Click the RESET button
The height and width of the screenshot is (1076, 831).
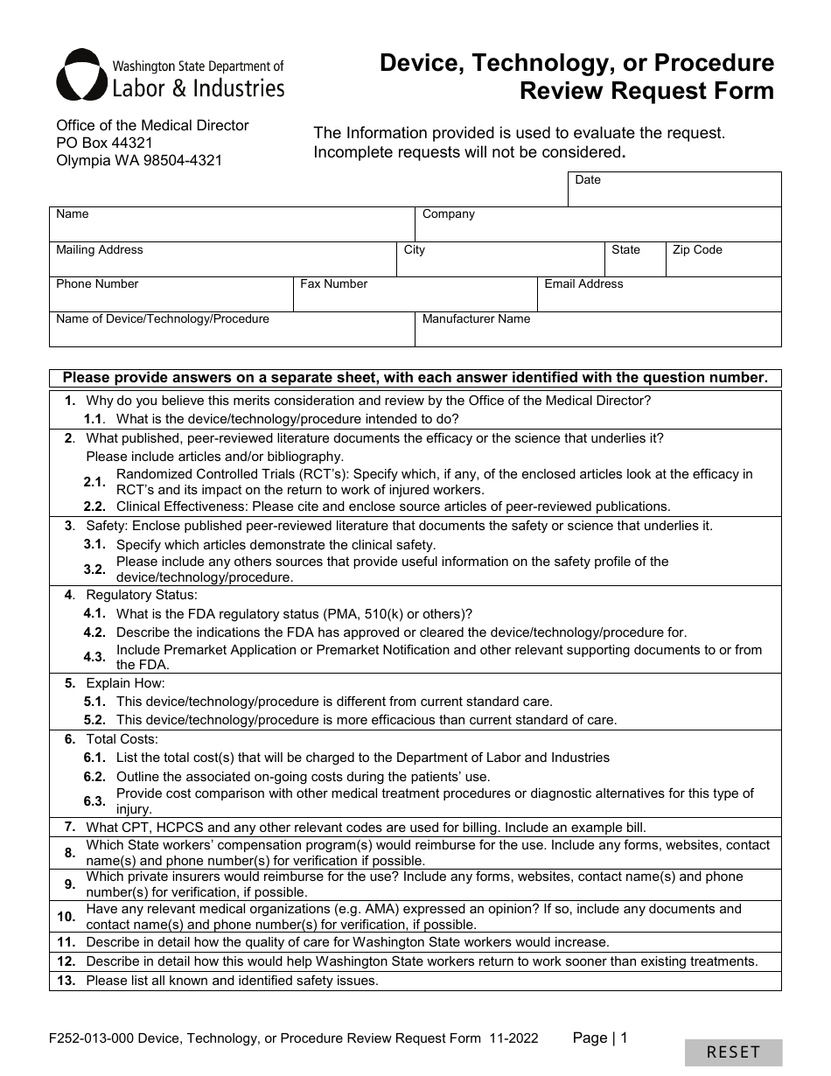coord(733,1052)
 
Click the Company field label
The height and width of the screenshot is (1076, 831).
coord(448,214)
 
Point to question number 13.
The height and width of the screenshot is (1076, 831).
coord(66,981)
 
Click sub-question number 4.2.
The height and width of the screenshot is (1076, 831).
coord(94,632)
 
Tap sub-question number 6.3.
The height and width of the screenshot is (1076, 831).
coord(94,801)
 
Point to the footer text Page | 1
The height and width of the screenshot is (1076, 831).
coord(600,1038)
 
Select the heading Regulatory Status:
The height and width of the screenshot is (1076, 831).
coord(142,595)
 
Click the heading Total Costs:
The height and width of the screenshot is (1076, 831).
coord(122,739)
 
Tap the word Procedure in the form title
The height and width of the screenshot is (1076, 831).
coord(713,63)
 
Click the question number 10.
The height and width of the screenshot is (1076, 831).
coord(66,917)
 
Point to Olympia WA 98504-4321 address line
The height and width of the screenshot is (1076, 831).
coord(139,160)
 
